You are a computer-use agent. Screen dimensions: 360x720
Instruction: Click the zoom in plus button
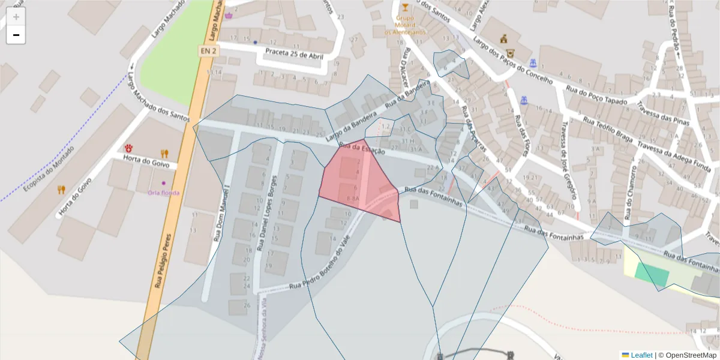[16, 16]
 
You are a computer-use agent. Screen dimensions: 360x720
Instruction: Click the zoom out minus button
[16, 35]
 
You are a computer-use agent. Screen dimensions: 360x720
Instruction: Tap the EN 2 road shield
[208, 52]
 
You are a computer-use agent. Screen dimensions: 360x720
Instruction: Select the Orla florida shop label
[164, 193]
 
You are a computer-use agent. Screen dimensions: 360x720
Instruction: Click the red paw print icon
[128, 148]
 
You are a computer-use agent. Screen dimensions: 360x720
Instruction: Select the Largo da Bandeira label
[351, 127]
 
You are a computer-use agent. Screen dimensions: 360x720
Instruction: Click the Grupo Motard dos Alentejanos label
[406, 25]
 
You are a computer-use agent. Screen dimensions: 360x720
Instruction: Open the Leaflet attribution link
[641, 355]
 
